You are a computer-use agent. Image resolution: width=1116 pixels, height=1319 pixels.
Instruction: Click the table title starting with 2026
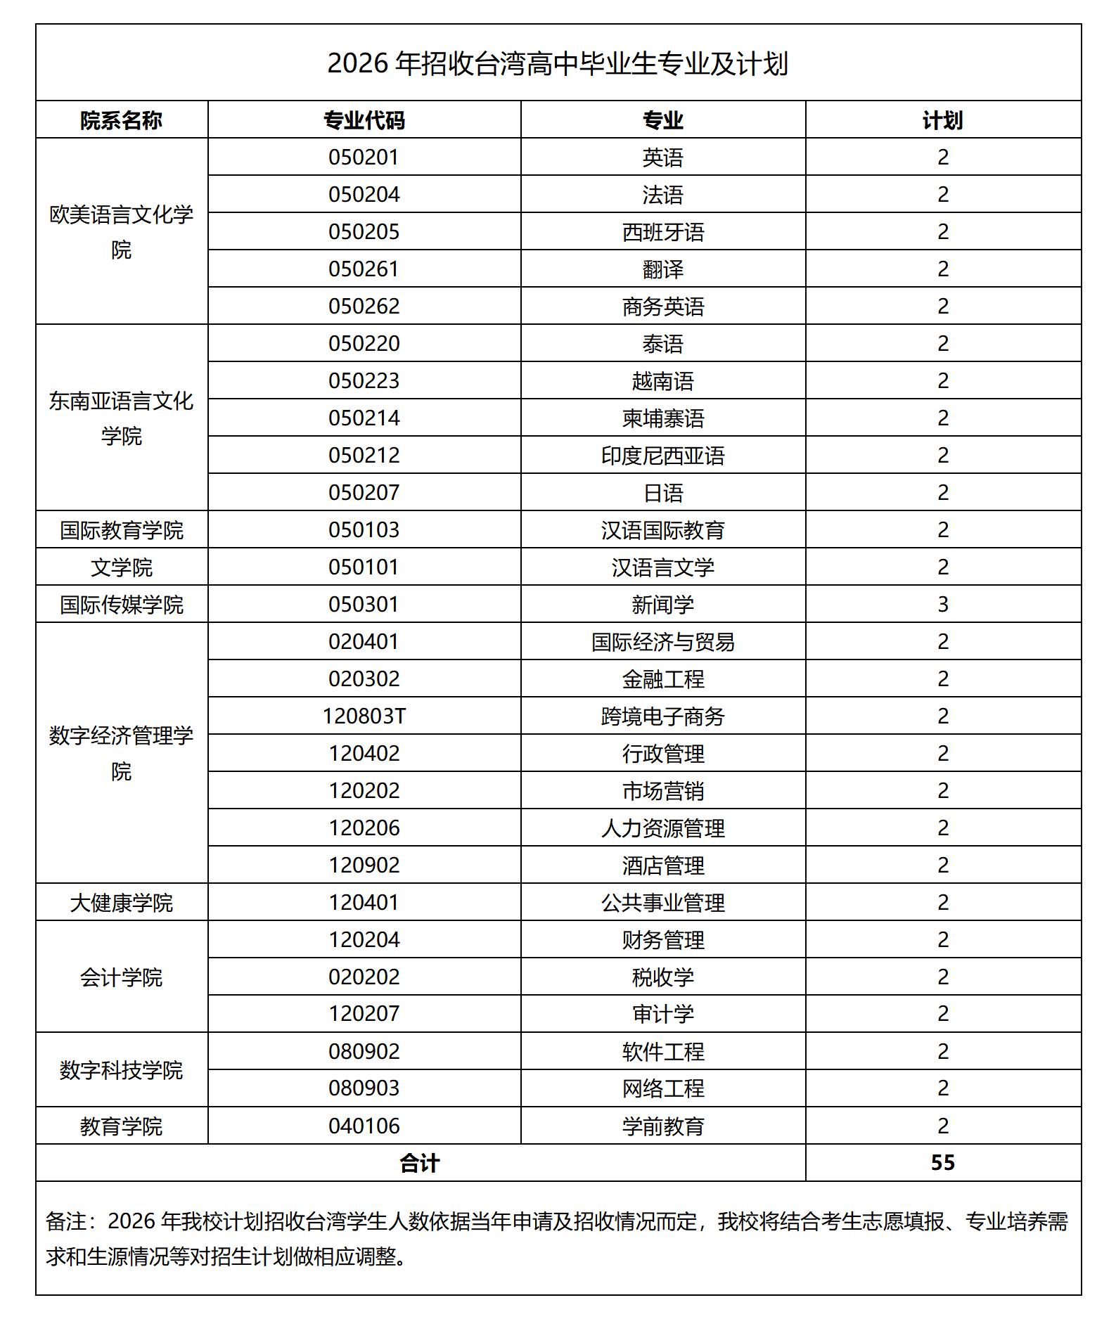(558, 64)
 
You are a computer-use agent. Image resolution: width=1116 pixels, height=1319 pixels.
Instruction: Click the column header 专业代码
(364, 120)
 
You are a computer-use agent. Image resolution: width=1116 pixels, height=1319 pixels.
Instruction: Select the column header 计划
(942, 120)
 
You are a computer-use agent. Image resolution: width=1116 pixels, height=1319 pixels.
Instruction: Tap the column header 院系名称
(121, 120)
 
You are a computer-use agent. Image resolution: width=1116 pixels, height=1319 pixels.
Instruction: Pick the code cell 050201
(364, 157)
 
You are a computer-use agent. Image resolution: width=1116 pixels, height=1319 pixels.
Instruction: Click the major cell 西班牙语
(662, 232)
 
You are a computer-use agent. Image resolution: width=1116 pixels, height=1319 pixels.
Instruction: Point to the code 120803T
(364, 716)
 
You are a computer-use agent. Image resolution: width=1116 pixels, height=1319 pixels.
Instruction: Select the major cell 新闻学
(662, 605)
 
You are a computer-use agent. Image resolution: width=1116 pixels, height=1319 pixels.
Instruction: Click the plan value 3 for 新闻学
(942, 604)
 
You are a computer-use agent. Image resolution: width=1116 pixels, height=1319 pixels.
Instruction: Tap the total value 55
(942, 1162)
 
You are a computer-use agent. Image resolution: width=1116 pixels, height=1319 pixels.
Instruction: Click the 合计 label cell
(420, 1163)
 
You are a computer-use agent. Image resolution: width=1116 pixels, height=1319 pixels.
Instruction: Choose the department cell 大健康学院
(121, 903)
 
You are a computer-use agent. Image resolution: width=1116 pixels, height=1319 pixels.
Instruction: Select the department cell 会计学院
(121, 977)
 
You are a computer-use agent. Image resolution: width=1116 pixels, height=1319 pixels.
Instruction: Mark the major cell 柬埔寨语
(662, 418)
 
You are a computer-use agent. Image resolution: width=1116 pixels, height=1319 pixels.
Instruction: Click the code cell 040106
(364, 1126)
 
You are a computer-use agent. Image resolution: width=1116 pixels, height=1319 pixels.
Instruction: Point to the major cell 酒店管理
(662, 866)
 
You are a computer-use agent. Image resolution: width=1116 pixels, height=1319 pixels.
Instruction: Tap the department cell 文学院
(121, 567)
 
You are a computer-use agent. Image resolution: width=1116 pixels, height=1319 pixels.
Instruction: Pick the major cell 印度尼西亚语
(662, 456)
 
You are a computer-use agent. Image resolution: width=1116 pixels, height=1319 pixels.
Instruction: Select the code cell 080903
(364, 1088)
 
